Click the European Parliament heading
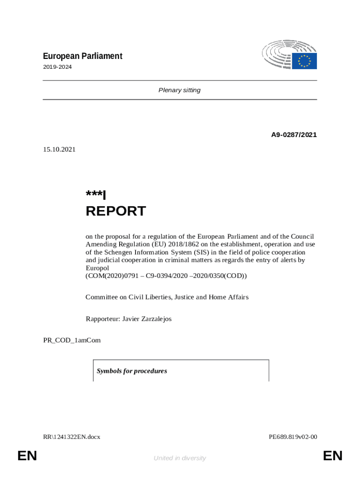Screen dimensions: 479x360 [82, 56]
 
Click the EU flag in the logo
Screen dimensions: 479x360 [305, 61]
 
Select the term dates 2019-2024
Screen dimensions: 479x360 [57, 67]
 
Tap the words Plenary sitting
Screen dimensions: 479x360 [180, 90]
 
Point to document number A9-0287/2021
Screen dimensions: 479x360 [294, 135]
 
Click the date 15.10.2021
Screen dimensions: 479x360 [59, 150]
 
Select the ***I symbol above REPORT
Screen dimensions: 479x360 [96, 195]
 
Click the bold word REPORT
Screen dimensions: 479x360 [116, 211]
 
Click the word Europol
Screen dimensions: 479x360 [97, 268]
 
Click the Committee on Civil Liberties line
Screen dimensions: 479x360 [167, 297]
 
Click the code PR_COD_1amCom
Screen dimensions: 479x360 [72, 340]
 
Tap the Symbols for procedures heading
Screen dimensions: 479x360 [132, 371]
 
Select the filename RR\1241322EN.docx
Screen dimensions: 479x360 [72, 437]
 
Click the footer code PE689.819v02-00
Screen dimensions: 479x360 [293, 437]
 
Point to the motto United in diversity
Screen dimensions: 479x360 [180, 458]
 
